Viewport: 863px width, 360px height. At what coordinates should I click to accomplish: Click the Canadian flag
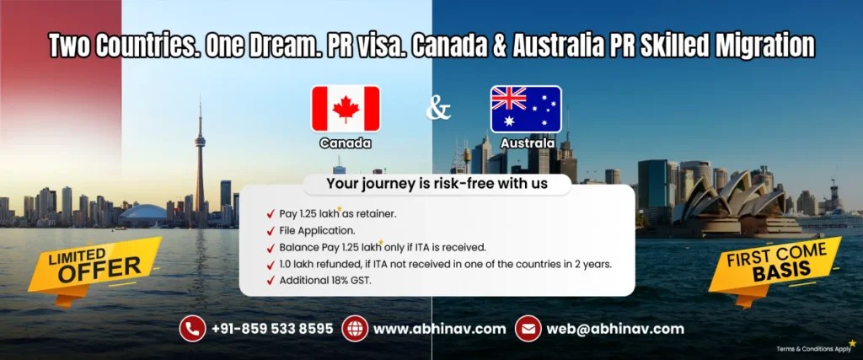click(x=346, y=109)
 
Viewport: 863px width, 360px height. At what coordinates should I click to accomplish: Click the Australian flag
click(x=526, y=109)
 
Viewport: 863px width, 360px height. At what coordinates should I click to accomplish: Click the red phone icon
click(x=192, y=328)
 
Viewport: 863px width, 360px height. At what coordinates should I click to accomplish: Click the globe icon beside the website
click(x=355, y=328)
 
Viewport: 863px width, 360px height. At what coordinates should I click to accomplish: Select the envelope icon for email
click(x=528, y=328)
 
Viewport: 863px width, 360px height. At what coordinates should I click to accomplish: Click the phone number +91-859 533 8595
click(x=272, y=329)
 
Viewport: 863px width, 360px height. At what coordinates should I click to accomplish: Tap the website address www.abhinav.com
click(x=439, y=329)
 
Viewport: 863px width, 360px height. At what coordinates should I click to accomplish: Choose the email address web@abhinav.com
click(x=615, y=329)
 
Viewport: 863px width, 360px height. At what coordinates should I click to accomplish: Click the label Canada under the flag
click(x=345, y=143)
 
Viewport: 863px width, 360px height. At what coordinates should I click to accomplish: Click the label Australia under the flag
click(x=527, y=143)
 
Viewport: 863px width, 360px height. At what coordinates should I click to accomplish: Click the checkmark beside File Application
click(x=270, y=230)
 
